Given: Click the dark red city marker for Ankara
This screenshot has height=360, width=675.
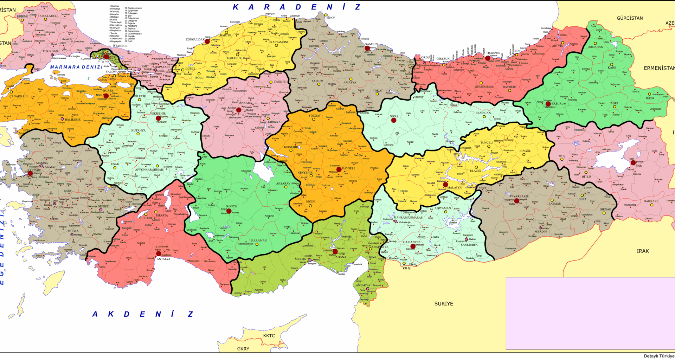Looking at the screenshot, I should (x=239, y=110).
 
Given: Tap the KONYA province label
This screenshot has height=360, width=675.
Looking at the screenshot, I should (x=231, y=206).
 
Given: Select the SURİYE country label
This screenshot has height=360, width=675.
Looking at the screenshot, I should (x=444, y=304).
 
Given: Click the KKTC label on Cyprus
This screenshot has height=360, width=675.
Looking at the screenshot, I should (x=269, y=336).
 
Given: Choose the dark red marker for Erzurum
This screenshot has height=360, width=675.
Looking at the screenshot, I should (x=548, y=104).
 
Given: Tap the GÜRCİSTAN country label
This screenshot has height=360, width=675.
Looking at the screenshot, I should (x=630, y=18).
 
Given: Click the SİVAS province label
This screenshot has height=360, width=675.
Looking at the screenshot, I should (x=394, y=116).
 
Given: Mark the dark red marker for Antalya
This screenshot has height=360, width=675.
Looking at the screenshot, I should (x=159, y=253).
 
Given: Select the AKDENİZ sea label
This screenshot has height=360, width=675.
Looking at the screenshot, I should (x=142, y=314).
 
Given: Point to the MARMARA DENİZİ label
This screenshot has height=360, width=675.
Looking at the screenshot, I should (x=76, y=67).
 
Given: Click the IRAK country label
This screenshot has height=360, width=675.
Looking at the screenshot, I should (x=643, y=251).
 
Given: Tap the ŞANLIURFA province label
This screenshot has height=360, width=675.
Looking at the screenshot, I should (x=469, y=245).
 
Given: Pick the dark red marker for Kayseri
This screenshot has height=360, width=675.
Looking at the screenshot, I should (x=339, y=169).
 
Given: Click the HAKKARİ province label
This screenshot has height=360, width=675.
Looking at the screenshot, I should (x=650, y=201).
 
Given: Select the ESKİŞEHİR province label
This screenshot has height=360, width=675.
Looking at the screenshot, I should (x=158, y=114).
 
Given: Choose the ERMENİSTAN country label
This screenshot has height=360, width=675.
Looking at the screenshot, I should (x=659, y=68).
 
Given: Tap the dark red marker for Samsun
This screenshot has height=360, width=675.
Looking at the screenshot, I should (x=367, y=48).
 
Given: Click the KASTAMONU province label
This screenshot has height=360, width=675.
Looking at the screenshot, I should (x=280, y=42).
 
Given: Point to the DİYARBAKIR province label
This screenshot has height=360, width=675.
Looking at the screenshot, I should (x=519, y=196).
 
